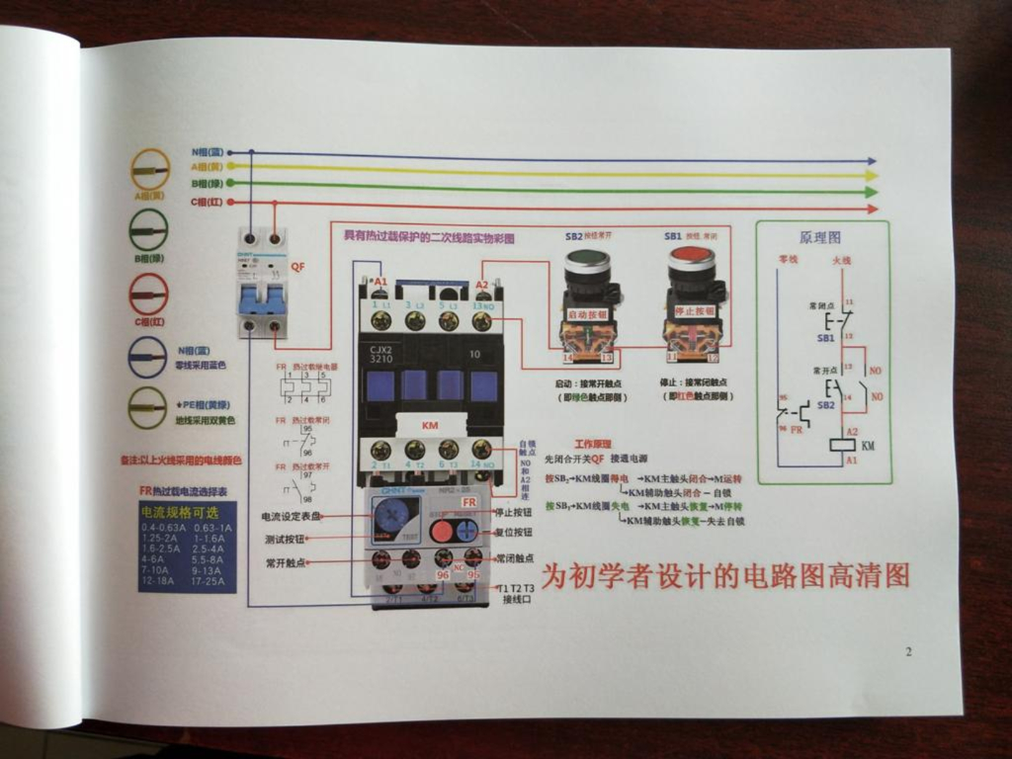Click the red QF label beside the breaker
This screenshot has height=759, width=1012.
pyautogui.click(x=297, y=267)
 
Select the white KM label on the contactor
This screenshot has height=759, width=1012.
pyautogui.click(x=430, y=425)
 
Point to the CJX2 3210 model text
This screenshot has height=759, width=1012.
pyautogui.click(x=381, y=353)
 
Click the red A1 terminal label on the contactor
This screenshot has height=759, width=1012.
pyautogui.click(x=380, y=283)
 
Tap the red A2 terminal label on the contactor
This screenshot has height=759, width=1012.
pyautogui.click(x=481, y=284)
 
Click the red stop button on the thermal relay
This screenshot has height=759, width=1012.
pyautogui.click(x=441, y=531)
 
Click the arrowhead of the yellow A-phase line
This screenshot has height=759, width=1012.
pyautogui.click(x=871, y=174)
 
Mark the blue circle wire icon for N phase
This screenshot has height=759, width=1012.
pyautogui.click(x=147, y=357)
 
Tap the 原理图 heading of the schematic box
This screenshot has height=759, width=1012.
pyautogui.click(x=819, y=238)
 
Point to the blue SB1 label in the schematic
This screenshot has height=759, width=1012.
pyautogui.click(x=825, y=338)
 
